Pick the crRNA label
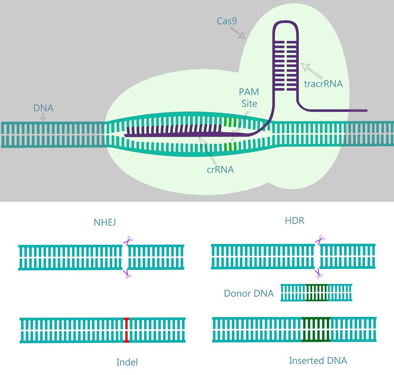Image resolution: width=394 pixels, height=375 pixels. click(220, 170)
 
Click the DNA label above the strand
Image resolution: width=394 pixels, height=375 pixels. click(43, 109)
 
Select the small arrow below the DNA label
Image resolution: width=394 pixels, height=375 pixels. click(43, 117)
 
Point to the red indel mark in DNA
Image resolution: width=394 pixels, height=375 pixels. click(126, 330)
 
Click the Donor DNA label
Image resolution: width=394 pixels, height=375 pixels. click(249, 293)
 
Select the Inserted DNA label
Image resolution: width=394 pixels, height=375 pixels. click(318, 360)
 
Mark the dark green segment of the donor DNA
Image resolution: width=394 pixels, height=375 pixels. click(317, 292)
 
